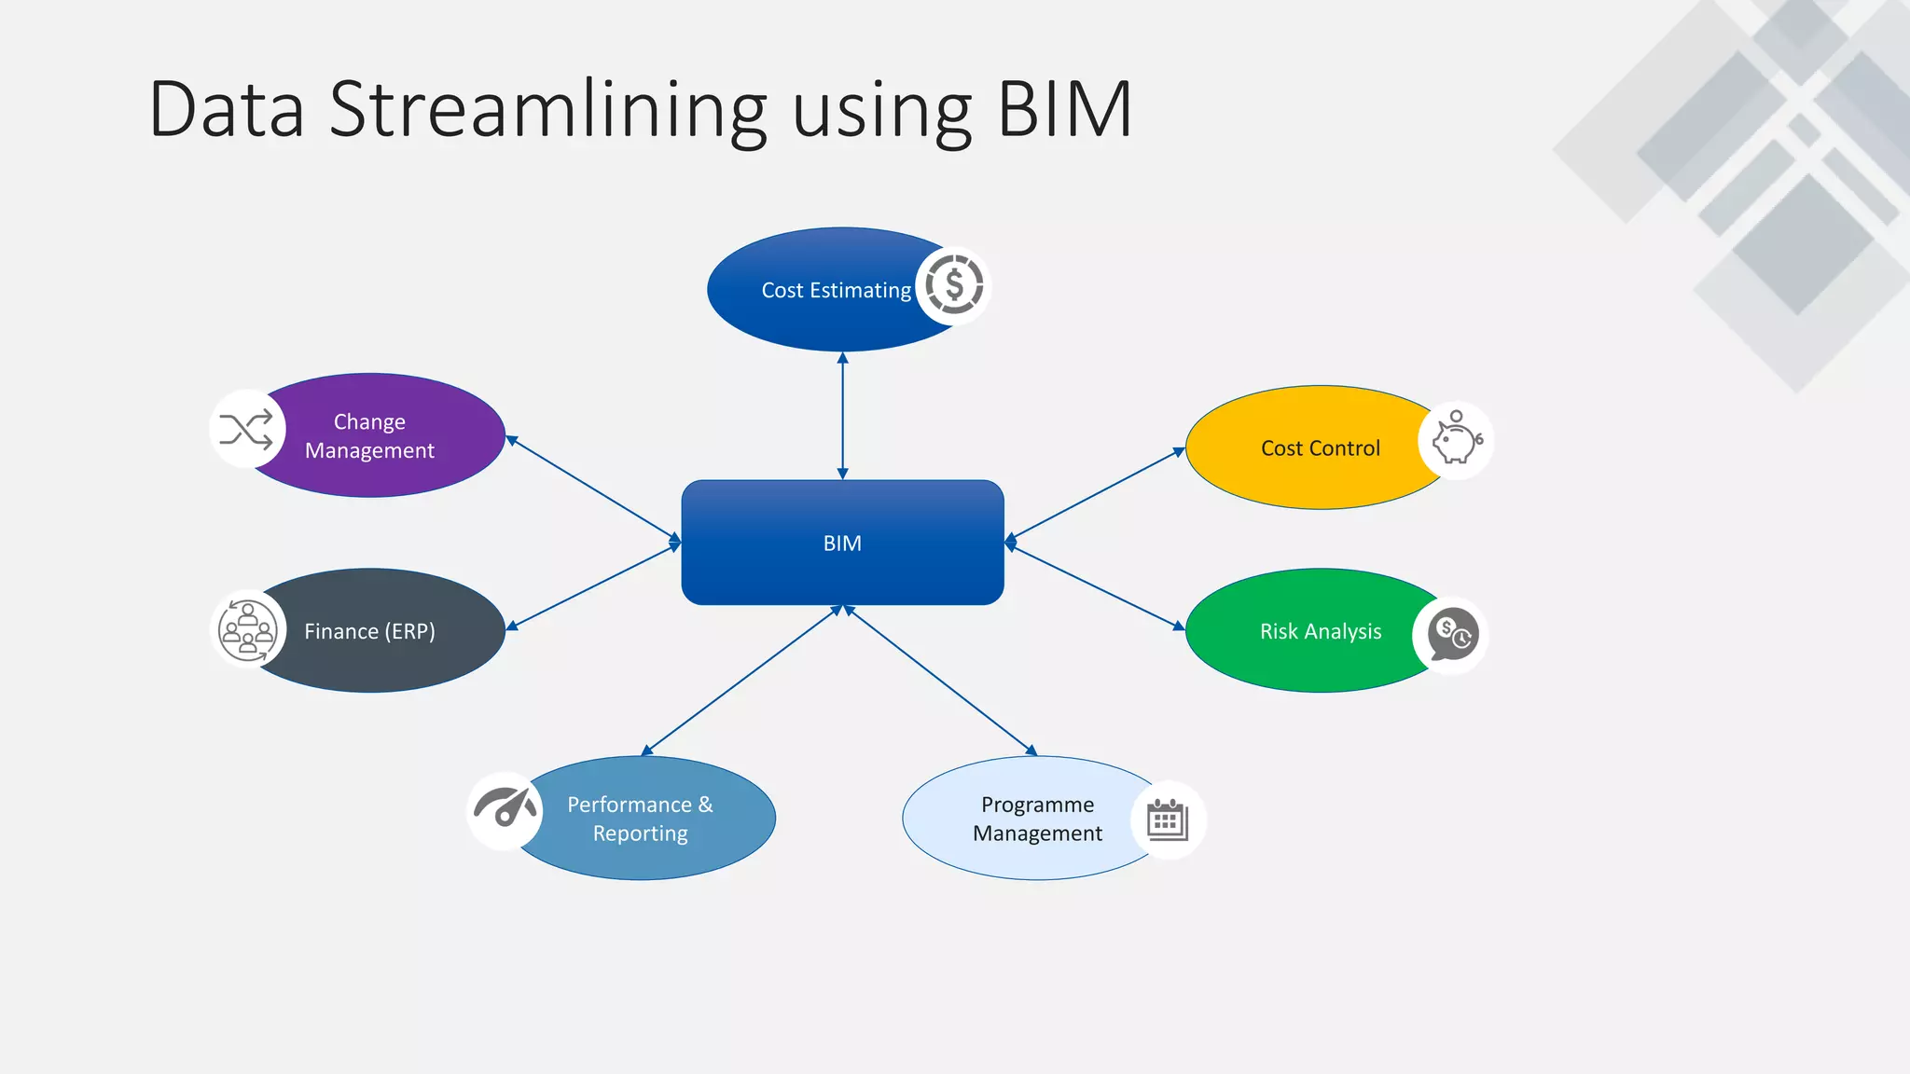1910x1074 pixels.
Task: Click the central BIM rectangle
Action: click(842, 543)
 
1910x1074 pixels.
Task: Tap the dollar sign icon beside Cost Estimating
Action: click(953, 285)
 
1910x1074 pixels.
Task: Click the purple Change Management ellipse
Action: click(382, 435)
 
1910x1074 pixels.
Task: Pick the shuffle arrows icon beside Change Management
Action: click(246, 430)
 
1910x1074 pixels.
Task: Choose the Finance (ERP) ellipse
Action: click(382, 631)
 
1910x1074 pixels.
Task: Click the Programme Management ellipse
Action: click(1026, 819)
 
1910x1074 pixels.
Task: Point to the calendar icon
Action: click(1167, 819)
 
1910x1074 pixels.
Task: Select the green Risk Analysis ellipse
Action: click(1306, 631)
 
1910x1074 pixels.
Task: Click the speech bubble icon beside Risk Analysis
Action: click(1451, 635)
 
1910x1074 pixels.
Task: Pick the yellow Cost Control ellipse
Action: click(1306, 448)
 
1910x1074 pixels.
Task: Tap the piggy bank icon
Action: click(1456, 440)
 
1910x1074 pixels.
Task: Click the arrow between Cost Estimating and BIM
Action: click(842, 416)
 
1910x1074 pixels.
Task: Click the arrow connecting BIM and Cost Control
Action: click(1095, 494)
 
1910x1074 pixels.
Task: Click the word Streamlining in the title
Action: click(548, 111)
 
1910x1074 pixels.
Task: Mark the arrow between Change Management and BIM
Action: click(593, 489)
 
